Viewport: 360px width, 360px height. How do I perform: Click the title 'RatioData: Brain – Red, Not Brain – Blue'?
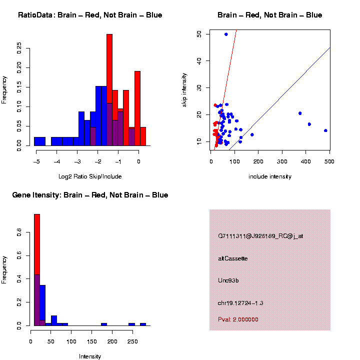tap(90, 15)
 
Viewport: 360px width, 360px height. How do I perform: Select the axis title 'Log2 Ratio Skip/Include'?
tap(90, 176)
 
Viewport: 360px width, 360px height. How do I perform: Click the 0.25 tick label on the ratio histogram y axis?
tap(19, 48)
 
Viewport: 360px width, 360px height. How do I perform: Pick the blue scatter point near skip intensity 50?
tap(226, 34)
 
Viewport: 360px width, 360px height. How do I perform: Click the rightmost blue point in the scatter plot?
tap(325, 130)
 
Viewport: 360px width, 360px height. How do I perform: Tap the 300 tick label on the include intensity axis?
tap(282, 161)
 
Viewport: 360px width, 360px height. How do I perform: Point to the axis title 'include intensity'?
tap(270, 176)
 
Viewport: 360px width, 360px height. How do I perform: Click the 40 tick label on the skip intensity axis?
tap(199, 61)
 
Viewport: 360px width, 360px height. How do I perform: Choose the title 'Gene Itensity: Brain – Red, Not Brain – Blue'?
tap(90, 195)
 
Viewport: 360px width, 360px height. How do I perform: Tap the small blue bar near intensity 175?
tap(104, 324)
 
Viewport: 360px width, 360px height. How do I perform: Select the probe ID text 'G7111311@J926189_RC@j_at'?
tap(260, 236)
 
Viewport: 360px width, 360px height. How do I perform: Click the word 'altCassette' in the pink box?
tap(233, 258)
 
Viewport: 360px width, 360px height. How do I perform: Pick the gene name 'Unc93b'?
tap(228, 280)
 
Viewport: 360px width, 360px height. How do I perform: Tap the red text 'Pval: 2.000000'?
tap(238, 319)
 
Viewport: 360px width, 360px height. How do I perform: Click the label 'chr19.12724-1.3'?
tap(240, 303)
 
